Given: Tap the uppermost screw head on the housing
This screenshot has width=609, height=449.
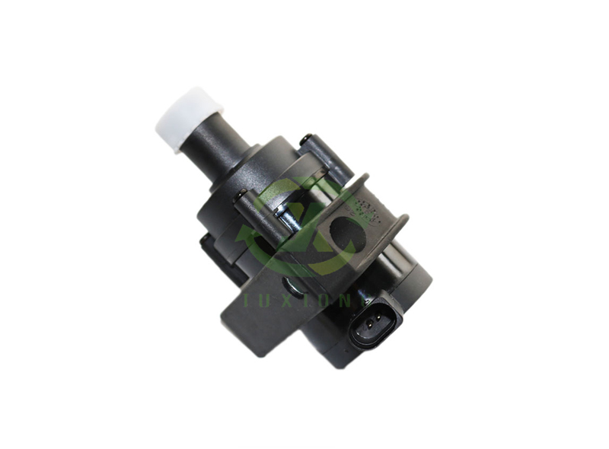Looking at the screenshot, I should (x=305, y=139).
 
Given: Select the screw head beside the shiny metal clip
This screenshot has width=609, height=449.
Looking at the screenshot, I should (x=241, y=196).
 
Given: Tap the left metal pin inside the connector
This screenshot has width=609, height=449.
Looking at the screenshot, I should (x=368, y=328).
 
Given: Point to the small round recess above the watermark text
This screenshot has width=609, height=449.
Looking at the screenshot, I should (x=294, y=286).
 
